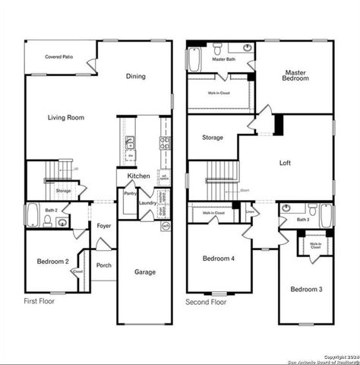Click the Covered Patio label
(x=58, y=57)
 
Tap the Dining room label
(x=136, y=76)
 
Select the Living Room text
(x=66, y=118)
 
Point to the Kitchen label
(x=138, y=176)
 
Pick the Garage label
(x=145, y=271)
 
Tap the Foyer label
(x=104, y=226)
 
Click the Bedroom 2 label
(x=52, y=262)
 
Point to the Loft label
(x=285, y=163)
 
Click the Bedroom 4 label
(x=218, y=259)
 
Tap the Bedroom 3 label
(x=305, y=289)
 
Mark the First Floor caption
(x=39, y=302)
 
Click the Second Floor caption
(x=206, y=302)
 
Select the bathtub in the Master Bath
(x=194, y=59)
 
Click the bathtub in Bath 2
(x=33, y=216)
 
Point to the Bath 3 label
(x=302, y=220)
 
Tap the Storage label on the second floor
(x=213, y=138)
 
